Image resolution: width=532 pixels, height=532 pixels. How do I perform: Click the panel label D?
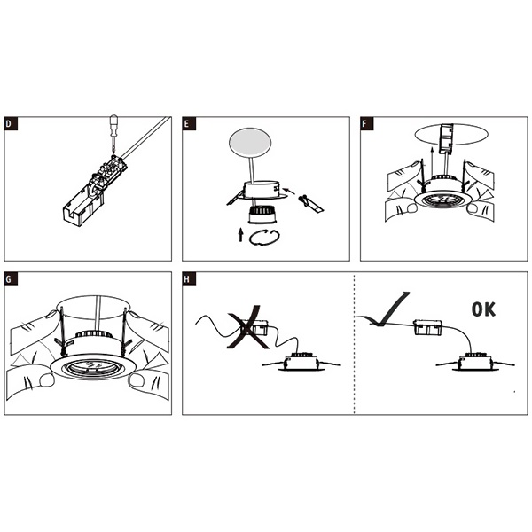click(10, 123)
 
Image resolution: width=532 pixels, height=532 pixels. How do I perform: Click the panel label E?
click(189, 123)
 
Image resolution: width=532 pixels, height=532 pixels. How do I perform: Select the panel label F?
click(367, 123)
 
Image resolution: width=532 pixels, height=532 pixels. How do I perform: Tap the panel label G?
click(11, 279)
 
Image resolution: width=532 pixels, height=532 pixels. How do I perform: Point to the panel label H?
click(189, 279)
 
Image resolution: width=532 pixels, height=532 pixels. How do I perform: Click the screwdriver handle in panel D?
click(113, 123)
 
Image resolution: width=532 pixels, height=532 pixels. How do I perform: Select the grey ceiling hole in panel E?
click(250, 143)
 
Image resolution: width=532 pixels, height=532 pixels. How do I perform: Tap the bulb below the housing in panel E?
click(262, 215)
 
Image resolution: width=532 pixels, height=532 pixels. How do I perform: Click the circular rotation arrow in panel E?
click(264, 238)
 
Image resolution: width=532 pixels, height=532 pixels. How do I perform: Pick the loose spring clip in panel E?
click(310, 204)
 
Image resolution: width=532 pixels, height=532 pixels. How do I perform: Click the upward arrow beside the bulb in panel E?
click(240, 234)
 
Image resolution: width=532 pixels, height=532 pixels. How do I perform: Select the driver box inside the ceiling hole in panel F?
click(447, 138)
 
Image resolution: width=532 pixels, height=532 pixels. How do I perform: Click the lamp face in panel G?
click(92, 368)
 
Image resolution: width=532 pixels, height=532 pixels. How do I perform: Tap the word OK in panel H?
click(483, 309)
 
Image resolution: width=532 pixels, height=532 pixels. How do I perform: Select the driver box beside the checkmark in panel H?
click(429, 327)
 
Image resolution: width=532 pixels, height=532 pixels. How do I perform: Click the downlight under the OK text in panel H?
click(475, 363)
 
